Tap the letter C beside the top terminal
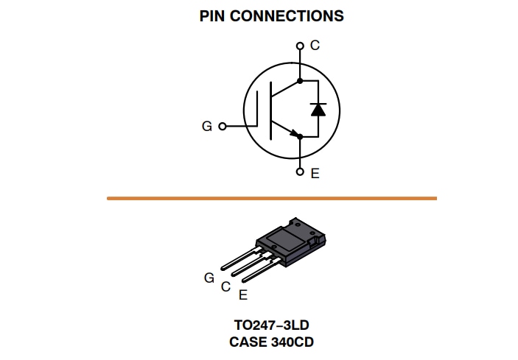[315, 45]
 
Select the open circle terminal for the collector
[300, 46]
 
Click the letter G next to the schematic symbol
[207, 127]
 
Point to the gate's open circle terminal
[222, 127]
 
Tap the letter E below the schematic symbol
[315, 174]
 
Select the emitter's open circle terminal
[300, 172]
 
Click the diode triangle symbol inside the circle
[318, 109]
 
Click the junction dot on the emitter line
[300, 138]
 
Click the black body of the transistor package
[284, 239]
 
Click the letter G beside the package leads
[209, 278]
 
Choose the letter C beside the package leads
[226, 286]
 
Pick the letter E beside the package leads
[243, 294]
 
